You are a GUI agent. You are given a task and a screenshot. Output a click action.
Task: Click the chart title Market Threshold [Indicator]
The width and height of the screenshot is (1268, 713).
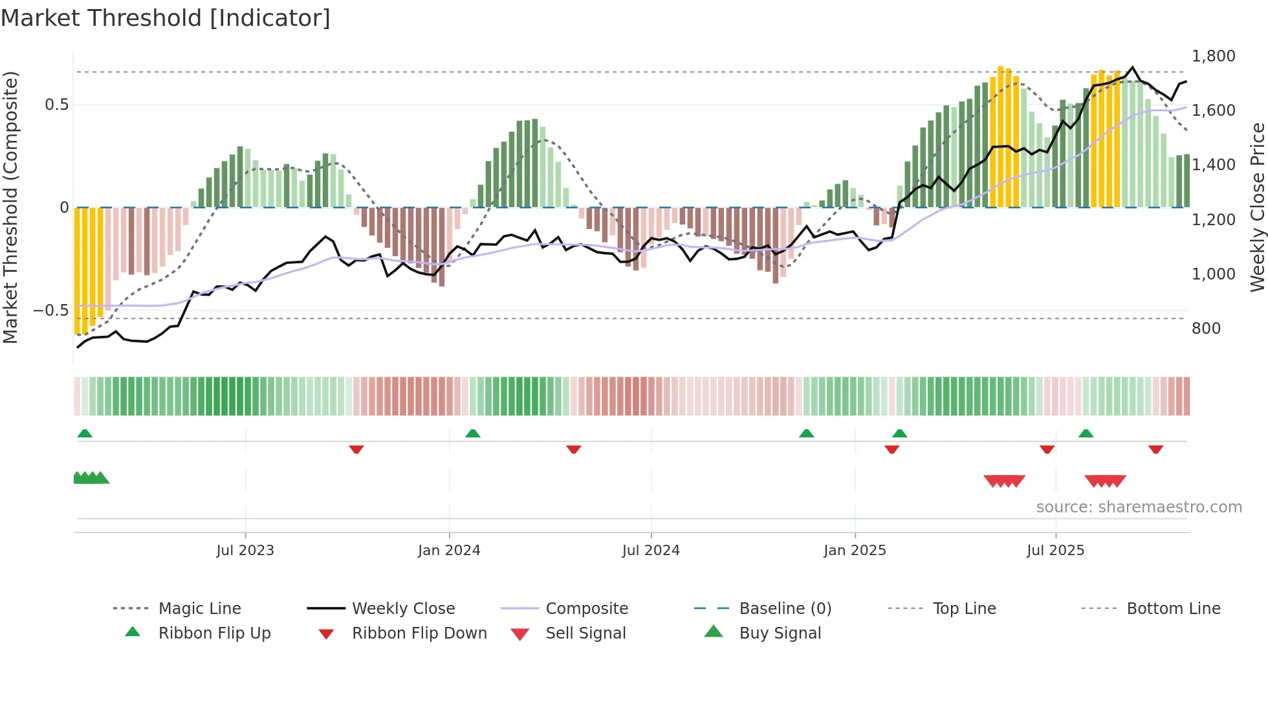coord(166,18)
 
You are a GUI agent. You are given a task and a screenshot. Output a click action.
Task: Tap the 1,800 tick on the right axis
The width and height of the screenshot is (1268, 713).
coord(1213,56)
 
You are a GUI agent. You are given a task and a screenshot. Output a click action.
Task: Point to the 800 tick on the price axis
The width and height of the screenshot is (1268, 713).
coord(1206,329)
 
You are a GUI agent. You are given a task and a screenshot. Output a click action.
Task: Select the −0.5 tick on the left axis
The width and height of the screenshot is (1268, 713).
coord(51,311)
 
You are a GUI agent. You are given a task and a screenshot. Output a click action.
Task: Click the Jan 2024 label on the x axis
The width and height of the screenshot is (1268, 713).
coord(449,551)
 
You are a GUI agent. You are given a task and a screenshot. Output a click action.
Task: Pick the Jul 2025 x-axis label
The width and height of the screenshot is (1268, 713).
coord(1055,551)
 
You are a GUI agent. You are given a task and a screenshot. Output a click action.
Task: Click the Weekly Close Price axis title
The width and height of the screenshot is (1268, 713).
coord(1257,207)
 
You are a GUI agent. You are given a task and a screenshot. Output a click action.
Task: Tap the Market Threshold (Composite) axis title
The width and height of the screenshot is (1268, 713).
coord(10,207)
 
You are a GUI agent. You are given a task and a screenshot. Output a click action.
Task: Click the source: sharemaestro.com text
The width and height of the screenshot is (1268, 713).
coord(1139,507)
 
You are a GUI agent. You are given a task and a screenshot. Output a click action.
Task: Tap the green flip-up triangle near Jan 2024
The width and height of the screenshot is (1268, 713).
coord(473,433)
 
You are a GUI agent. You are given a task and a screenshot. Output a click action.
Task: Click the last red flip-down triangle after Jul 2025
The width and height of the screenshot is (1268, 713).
coord(1156,450)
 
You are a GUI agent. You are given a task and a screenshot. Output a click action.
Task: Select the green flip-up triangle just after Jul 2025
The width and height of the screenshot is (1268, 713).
coord(1086,433)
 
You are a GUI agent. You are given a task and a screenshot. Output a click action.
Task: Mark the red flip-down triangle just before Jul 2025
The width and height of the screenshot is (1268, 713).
coord(1047,450)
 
